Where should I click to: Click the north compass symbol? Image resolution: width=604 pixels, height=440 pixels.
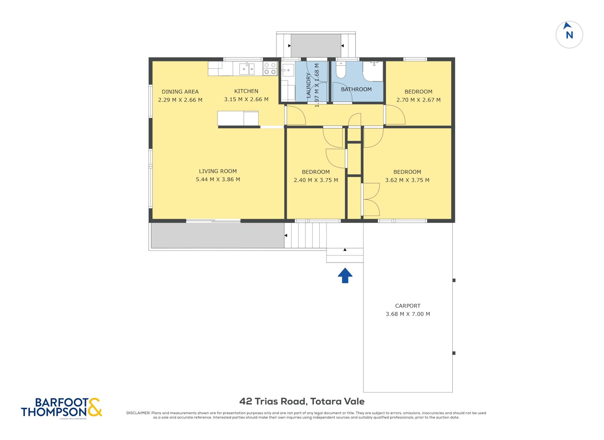[569, 34]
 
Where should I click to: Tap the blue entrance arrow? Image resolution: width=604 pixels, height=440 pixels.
[345, 275]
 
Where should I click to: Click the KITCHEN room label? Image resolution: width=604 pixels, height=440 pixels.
[246, 91]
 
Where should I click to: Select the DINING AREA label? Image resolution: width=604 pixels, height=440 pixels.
[180, 92]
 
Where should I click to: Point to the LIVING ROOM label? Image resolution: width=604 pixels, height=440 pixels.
[218, 171]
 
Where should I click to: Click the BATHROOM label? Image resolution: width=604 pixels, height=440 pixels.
[356, 89]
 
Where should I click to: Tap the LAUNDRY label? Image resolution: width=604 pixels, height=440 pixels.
[308, 85]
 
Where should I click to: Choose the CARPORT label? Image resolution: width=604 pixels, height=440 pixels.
[408, 306]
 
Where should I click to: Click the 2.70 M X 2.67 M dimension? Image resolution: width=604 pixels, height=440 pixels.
[418, 100]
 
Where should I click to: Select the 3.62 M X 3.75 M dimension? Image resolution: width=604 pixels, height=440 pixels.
[407, 180]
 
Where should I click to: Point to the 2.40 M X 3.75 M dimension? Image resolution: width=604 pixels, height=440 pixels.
[316, 180]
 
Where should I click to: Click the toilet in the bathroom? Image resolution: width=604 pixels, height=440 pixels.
[341, 70]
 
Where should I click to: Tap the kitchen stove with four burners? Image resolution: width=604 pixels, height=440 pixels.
[270, 68]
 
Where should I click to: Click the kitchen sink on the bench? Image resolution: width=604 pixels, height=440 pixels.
[247, 69]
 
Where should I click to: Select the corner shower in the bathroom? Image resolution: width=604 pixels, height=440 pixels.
[373, 71]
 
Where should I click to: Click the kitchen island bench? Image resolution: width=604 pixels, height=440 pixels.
[238, 118]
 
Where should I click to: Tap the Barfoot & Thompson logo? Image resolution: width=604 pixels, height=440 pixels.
[62, 408]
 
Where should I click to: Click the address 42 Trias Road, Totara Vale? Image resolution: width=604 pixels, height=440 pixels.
[302, 401]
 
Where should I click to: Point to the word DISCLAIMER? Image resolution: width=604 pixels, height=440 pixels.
[138, 413]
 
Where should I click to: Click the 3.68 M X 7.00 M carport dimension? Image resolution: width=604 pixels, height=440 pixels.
[408, 314]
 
